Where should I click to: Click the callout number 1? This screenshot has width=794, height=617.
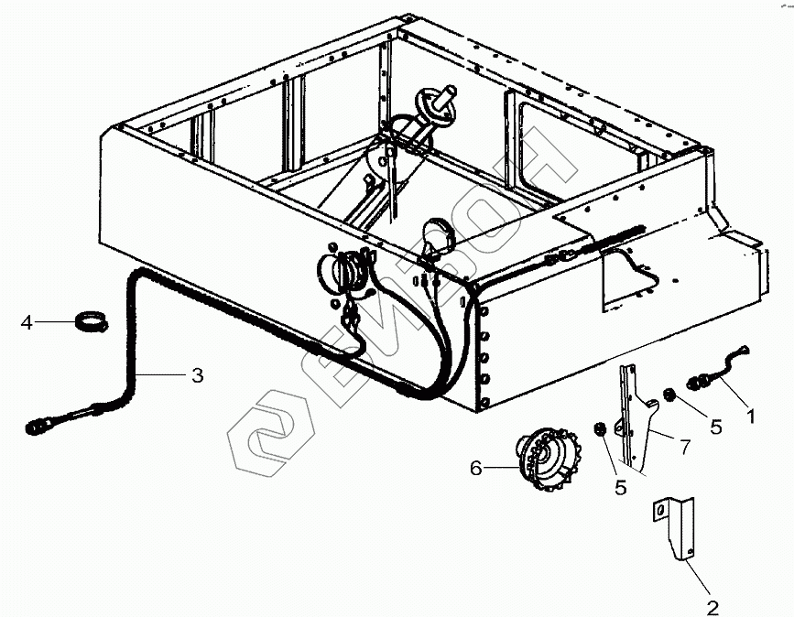point(752,416)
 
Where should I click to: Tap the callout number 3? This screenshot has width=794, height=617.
point(197,374)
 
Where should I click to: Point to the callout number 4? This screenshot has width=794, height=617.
point(27,322)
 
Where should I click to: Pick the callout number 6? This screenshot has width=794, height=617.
point(475,468)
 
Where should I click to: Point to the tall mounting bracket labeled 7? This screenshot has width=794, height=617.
point(635,417)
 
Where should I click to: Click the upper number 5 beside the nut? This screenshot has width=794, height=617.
point(715,426)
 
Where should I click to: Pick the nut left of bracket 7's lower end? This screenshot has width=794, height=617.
point(599,430)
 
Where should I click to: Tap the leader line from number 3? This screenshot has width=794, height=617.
point(165,373)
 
